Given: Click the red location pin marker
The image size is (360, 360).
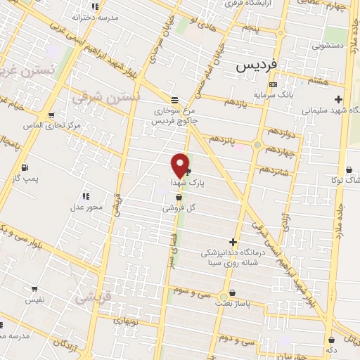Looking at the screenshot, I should (x=181, y=165).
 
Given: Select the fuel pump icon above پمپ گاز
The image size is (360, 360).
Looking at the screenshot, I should (x=25, y=167).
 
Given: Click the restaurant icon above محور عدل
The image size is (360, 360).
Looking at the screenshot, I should (x=86, y=196).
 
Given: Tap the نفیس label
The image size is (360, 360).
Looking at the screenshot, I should (x=35, y=299).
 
